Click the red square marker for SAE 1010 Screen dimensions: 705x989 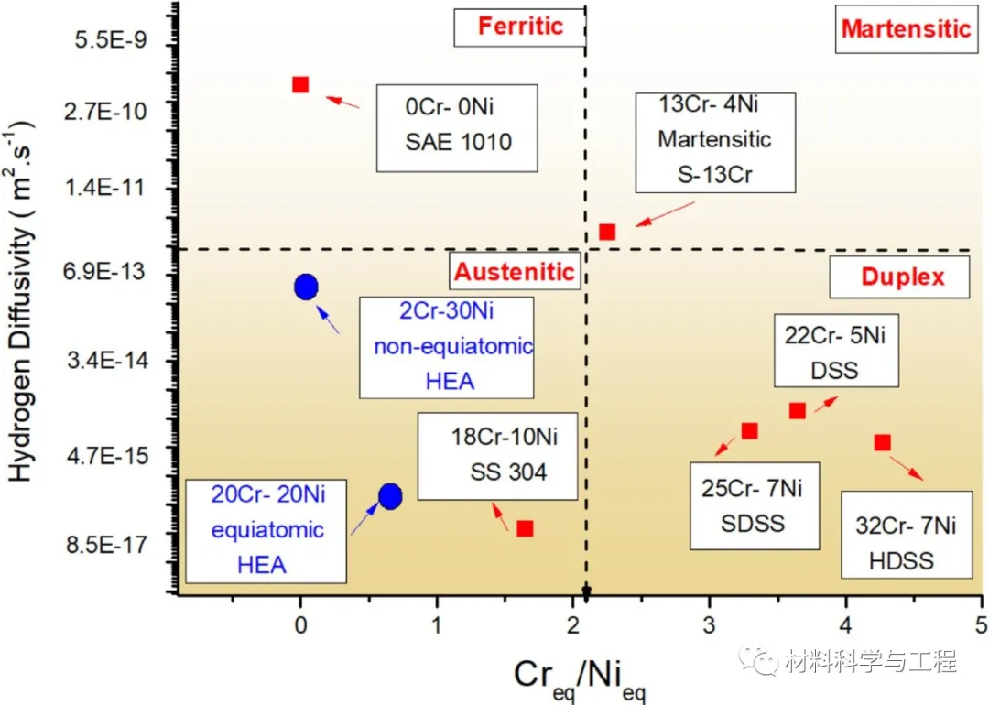tap(299, 84)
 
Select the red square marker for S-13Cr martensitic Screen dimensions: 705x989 tap(606, 232)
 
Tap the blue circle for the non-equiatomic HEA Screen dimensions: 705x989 tap(306, 287)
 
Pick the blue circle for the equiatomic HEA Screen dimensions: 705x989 tap(390, 496)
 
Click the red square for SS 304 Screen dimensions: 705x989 tap(525, 528)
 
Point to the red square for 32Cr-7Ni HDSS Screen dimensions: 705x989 tap(882, 442)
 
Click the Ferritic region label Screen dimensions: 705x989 tap(519, 27)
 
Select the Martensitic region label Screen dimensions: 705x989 tap(905, 28)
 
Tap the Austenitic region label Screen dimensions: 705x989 tap(515, 271)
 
